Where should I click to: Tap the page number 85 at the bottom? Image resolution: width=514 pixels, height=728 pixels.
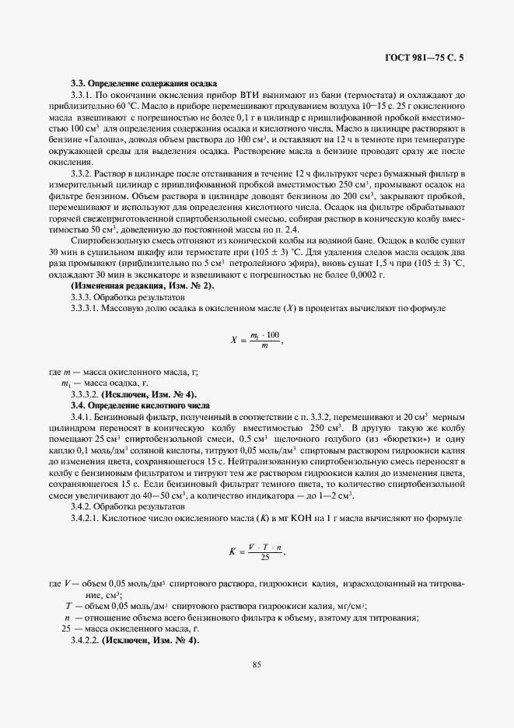pos(256,663)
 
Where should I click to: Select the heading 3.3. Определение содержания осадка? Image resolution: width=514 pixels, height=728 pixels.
pos(143,83)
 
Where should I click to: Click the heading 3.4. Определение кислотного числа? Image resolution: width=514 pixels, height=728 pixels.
pos(140,405)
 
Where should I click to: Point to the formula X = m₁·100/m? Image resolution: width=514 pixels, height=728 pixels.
pos(256,339)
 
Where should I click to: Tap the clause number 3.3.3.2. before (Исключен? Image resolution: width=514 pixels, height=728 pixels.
pos(85,394)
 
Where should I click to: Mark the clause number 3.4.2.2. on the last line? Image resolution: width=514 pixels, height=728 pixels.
pos(85,640)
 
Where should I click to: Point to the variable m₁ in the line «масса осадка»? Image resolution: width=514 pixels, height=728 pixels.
pos(65,383)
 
